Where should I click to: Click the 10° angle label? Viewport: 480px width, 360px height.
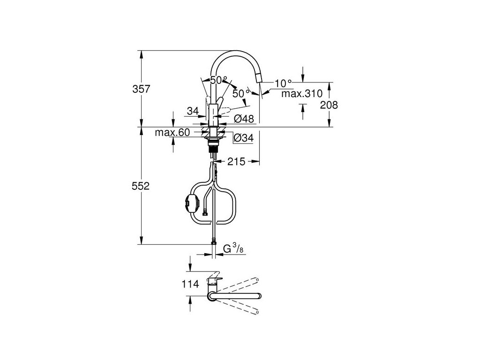[284, 83]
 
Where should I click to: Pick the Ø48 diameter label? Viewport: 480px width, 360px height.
[243, 119]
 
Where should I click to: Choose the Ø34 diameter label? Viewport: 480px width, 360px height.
[243, 138]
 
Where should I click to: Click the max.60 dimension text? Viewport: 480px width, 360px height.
[172, 133]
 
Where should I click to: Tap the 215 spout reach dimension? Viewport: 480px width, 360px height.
[236, 162]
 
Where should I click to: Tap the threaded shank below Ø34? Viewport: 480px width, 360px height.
[214, 151]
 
